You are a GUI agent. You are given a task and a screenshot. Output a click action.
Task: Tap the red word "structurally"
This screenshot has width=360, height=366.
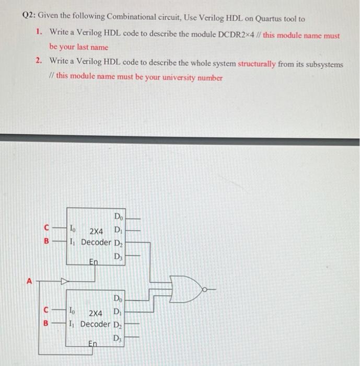(257, 64)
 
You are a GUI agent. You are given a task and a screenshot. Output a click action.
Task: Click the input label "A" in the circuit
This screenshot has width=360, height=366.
(30, 281)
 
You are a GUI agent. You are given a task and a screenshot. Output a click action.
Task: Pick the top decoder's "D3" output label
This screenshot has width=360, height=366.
(119, 256)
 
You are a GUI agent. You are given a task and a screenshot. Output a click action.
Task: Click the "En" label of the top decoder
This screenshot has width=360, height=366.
(94, 261)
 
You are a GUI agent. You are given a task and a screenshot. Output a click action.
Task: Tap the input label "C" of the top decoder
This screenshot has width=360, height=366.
(47, 228)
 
